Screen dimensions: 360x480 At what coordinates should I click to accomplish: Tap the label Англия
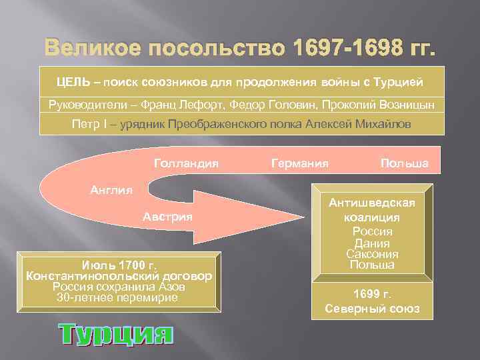111,189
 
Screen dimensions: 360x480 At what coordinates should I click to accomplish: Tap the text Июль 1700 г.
118,264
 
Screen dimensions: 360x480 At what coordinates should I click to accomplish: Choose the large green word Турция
115,334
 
